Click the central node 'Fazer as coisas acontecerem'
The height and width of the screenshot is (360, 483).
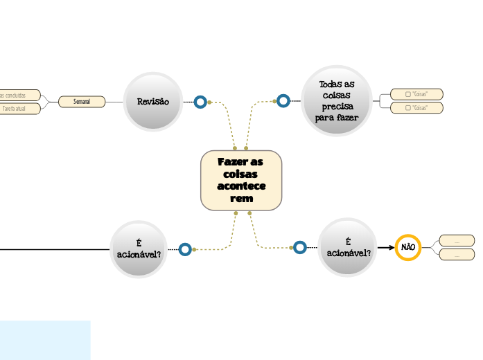(x=241, y=180)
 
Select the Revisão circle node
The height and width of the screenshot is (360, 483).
(x=153, y=102)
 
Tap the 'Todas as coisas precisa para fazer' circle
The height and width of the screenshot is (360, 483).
(x=337, y=101)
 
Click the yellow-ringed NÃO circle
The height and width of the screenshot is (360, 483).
(x=408, y=247)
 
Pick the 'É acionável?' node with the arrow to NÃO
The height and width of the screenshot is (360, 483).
(x=348, y=247)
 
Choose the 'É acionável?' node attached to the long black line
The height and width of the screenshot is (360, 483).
(x=139, y=249)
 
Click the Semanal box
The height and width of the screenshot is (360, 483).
(x=82, y=102)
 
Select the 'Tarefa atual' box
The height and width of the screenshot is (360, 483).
(x=19, y=109)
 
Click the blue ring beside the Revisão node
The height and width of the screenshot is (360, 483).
(x=200, y=102)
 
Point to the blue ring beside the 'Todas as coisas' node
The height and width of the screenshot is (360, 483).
(x=283, y=101)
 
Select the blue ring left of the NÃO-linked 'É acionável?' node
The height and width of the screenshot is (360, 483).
(x=299, y=247)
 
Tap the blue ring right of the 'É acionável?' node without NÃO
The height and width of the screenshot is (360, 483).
(x=185, y=249)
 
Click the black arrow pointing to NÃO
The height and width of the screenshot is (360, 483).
(x=386, y=247)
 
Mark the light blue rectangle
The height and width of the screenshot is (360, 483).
(x=45, y=340)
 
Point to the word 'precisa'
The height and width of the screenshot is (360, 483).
(x=338, y=107)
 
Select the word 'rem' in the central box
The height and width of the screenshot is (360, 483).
(x=241, y=199)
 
